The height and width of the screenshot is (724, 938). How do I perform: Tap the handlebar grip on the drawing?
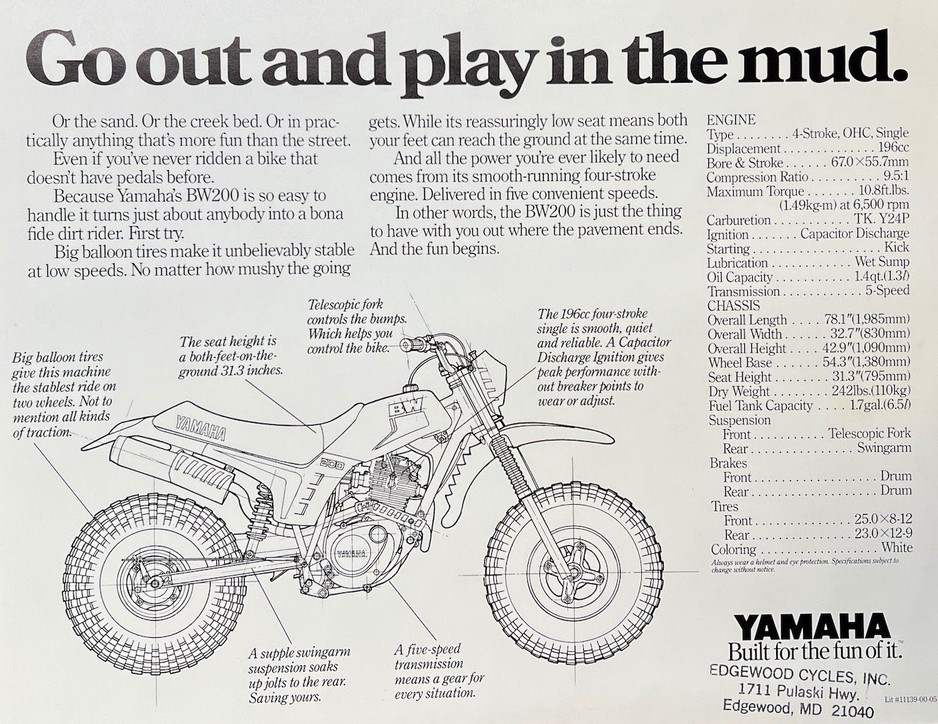[x=411, y=344]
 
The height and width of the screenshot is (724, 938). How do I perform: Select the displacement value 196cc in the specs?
[x=893, y=148]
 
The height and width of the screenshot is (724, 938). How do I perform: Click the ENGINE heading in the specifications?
[x=731, y=119]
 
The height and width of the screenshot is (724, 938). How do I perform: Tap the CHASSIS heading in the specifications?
[x=734, y=305]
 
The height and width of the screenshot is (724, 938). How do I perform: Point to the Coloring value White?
[x=896, y=547]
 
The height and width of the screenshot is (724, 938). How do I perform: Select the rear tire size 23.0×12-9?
[x=883, y=534]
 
